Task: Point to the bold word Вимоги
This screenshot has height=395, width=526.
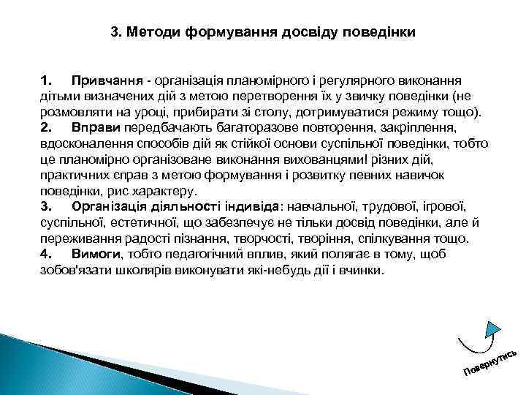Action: [98, 254]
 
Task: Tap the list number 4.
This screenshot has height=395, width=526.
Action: [46, 254]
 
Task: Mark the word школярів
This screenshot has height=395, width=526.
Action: [134, 270]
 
